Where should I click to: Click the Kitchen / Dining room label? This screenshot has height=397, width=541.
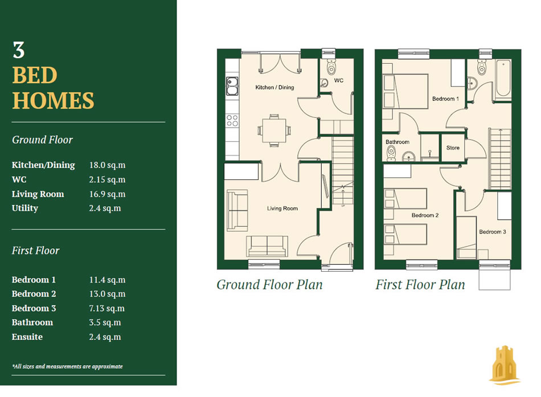point(274,87)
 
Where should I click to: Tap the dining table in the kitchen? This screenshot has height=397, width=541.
point(274,130)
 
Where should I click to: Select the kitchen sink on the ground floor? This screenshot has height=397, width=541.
point(232,86)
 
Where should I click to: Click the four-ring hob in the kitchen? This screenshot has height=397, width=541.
point(232,121)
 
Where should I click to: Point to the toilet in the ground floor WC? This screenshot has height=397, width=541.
point(331,66)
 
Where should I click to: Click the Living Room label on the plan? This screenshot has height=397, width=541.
point(282,208)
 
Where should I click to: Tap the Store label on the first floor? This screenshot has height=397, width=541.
point(453,148)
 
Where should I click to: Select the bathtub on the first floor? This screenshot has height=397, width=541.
point(503,79)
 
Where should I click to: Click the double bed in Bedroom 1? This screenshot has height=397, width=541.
point(405,92)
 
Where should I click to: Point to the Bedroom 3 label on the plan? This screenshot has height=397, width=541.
point(493,232)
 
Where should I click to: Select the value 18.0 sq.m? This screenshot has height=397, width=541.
point(107,165)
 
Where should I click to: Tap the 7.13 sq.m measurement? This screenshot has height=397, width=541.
point(106,308)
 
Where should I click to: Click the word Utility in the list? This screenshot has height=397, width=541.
point(25,208)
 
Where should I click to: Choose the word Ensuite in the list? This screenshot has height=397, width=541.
point(27,337)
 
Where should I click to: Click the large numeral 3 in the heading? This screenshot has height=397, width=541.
point(19,50)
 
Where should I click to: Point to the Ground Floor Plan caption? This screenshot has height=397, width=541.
point(269,284)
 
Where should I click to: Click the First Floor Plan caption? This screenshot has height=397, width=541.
point(420,284)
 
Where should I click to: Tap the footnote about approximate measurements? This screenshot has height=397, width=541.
point(67,366)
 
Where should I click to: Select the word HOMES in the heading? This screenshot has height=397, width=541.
point(53,100)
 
